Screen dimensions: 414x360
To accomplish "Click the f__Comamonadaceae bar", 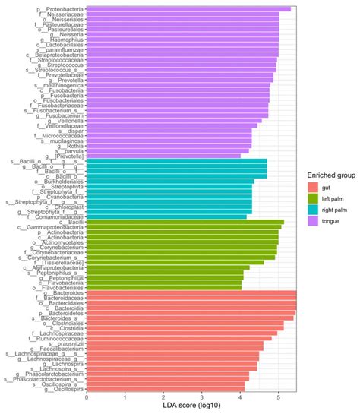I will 166,216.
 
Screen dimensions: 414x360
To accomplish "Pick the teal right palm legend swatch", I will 311,210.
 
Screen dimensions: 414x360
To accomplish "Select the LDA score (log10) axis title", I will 191,408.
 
